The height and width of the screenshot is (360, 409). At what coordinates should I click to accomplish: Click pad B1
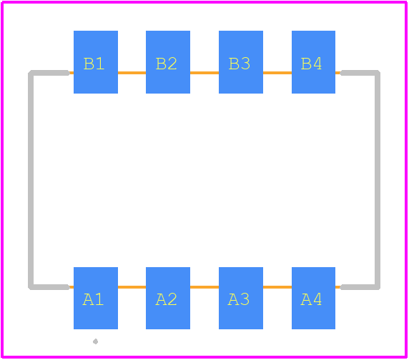[x=96, y=62]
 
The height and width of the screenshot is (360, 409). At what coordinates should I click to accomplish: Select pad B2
[x=168, y=62]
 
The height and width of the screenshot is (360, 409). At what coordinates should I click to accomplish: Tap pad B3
[x=241, y=62]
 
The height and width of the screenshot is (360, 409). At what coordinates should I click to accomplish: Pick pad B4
[x=313, y=62]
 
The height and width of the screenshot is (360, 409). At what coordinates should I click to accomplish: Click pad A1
[x=96, y=298]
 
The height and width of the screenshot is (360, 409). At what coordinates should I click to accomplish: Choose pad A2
[x=168, y=298]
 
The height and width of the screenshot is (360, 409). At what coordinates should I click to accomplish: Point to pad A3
[x=241, y=298]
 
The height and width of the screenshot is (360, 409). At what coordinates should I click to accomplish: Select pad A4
[x=313, y=298]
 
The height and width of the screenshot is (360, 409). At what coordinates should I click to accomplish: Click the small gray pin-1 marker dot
[x=96, y=341]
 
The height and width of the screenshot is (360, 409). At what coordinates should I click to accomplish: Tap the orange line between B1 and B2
[x=132, y=73]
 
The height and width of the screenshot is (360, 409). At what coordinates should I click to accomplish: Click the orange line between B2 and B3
[x=204, y=73]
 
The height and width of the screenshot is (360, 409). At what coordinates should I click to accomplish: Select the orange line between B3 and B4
[x=277, y=73]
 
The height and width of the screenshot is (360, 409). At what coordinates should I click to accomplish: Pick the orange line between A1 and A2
[x=132, y=287]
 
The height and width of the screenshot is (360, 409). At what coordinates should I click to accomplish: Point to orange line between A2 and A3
[x=204, y=287]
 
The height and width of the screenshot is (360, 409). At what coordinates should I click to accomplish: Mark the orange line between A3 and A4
[x=277, y=287]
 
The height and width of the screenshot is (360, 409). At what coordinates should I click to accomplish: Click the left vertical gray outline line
[x=31, y=180]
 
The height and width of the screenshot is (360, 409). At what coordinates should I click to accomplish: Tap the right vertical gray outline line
[x=378, y=180]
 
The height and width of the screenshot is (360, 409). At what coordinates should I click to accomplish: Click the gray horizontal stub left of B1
[x=49, y=73]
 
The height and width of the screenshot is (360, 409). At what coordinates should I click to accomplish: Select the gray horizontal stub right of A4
[x=360, y=287]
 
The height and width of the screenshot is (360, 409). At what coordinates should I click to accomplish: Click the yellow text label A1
[x=93, y=299]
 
